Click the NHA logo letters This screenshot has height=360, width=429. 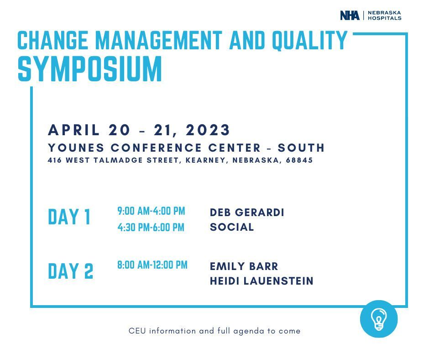tap(350, 16)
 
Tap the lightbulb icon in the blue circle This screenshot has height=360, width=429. tap(378, 319)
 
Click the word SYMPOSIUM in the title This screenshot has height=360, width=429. tap(90, 69)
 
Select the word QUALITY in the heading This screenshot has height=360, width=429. tap(310, 40)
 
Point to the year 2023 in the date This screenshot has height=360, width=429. tap(208, 130)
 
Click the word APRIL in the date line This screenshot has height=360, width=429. tap(74, 130)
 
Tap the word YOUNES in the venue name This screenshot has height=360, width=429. tap(76, 148)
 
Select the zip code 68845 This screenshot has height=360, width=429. tap(299, 160)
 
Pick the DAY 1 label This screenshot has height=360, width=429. tap(69, 217)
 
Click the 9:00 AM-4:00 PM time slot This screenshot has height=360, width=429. tap(152, 211)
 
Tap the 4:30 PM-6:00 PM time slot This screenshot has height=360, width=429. tap(151, 228)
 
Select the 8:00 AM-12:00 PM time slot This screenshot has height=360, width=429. tap(152, 265)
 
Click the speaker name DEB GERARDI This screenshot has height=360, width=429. tap(247, 212)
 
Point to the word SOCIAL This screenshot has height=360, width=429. tap(232, 227)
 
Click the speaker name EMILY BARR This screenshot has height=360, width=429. tap(244, 266)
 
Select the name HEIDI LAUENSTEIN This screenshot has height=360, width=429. tap(262, 281)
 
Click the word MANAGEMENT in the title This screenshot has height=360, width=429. tap(159, 40)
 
